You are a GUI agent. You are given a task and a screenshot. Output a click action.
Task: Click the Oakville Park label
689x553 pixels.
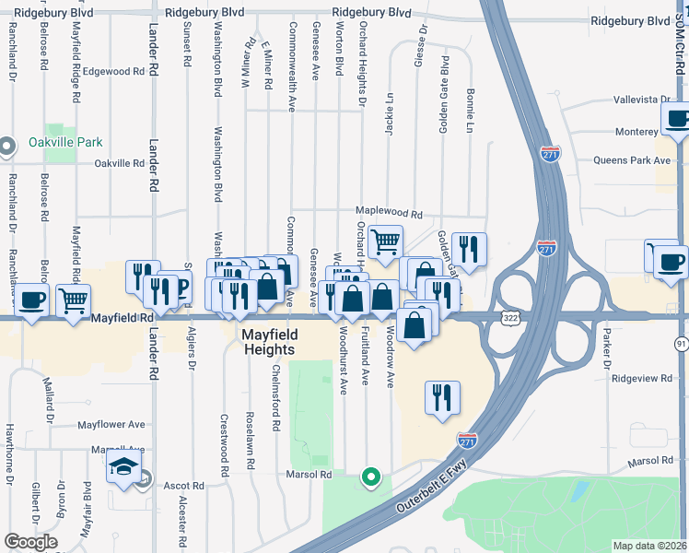coord(64,143)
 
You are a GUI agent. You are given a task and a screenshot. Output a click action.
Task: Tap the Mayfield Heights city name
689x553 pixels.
coord(268,341)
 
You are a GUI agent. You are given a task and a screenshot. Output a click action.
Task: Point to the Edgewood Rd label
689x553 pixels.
coord(114,71)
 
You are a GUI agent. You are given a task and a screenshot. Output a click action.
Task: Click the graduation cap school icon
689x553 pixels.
coord(123,467)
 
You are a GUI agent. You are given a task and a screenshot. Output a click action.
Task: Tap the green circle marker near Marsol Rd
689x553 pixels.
coord(370,477)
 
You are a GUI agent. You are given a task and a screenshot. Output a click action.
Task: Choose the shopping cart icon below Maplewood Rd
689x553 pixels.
coord(385,242)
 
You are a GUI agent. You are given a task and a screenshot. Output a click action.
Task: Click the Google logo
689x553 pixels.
coord(30,542)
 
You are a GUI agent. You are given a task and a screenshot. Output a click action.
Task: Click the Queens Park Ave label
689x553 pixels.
coord(633,160)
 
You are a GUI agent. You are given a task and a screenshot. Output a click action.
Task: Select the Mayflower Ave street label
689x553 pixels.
coord(111,425)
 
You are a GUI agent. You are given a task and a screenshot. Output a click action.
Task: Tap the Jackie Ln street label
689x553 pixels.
coord(390,114)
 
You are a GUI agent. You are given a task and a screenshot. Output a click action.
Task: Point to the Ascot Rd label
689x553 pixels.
coord(183,486)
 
